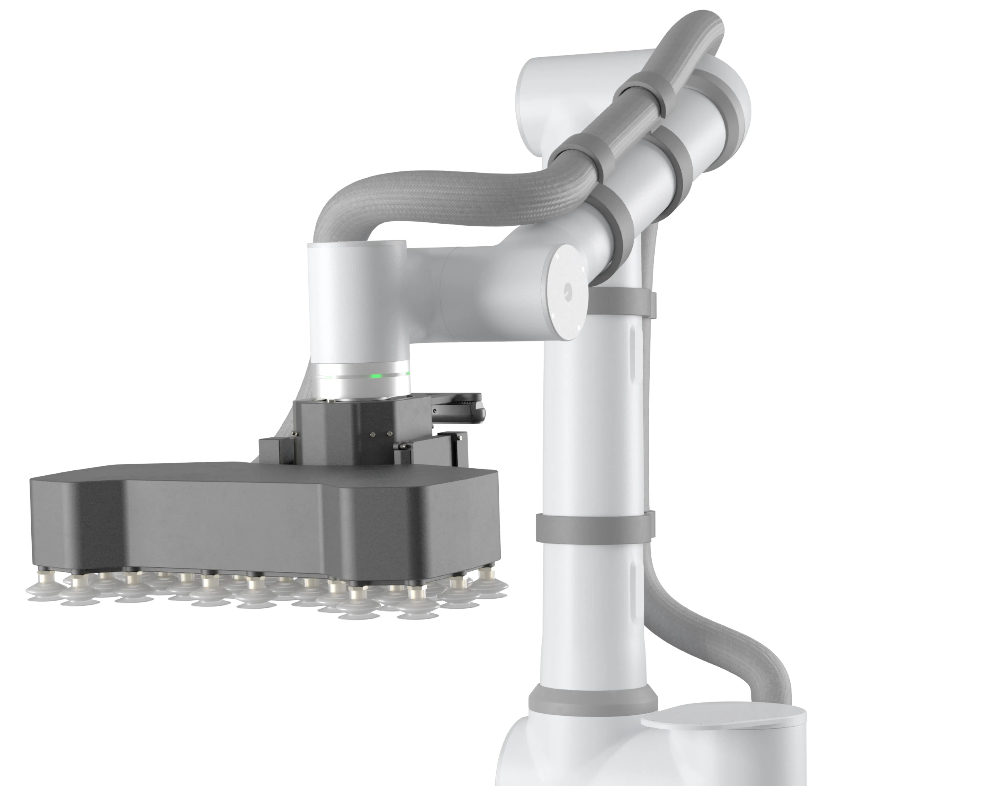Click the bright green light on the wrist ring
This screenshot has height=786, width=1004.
tap(377, 376)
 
